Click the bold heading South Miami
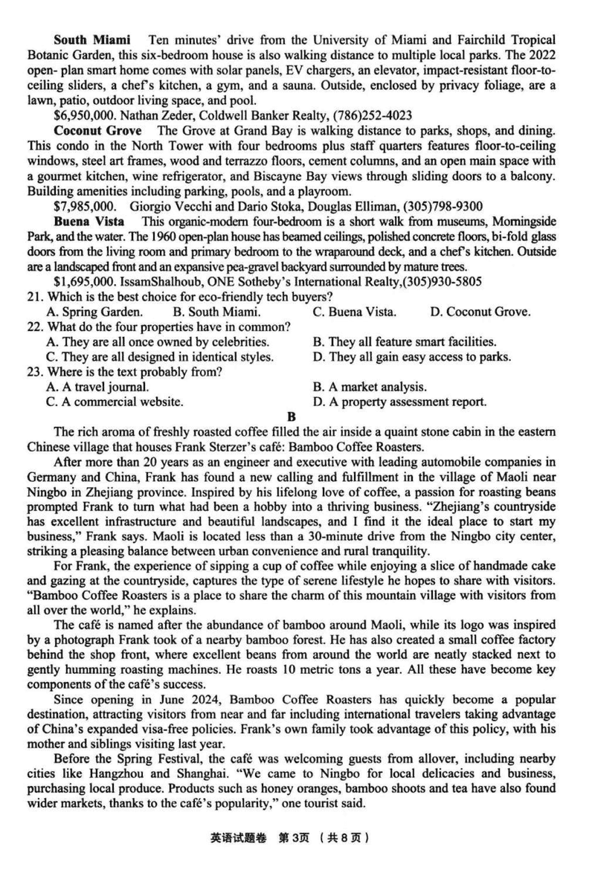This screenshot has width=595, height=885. [92, 39]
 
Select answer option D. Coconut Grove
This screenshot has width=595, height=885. [480, 312]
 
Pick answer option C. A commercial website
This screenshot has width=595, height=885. [115, 402]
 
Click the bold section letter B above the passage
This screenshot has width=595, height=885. [292, 418]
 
